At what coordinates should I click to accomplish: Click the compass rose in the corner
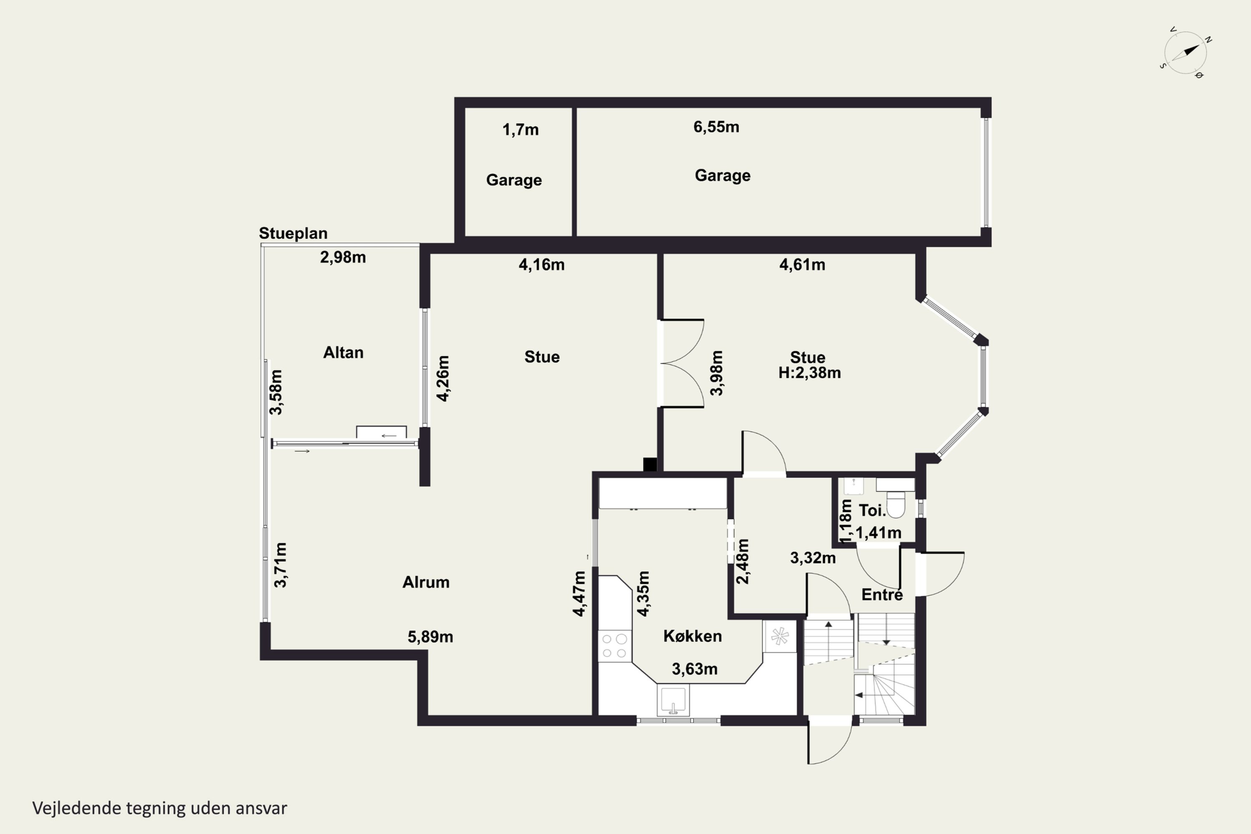1185,52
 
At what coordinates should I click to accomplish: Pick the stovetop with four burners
614,646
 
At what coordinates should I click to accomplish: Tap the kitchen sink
673,699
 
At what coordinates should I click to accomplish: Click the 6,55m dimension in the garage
716,127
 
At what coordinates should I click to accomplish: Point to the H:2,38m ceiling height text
809,372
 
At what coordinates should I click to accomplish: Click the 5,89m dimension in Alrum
430,637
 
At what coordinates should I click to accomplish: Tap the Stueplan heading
293,233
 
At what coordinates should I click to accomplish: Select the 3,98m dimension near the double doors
717,373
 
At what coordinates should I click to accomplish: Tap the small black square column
650,465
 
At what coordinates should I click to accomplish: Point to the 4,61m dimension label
802,264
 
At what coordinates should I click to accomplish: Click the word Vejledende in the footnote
77,808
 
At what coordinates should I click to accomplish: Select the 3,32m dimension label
813,558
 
